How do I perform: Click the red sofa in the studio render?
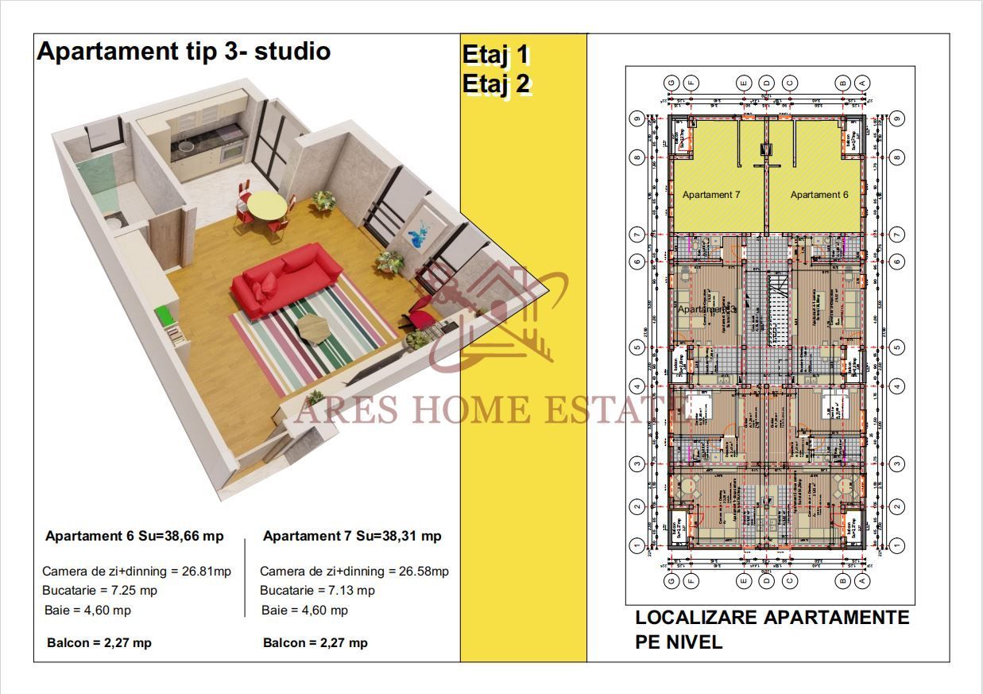(x=288, y=278)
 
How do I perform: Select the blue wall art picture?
(x=416, y=235)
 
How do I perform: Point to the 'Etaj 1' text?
(x=495, y=55)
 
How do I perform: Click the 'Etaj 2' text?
(x=496, y=83)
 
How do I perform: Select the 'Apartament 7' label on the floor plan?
(x=713, y=195)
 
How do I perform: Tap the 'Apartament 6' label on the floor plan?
(x=819, y=195)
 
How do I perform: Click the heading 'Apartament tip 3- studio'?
(x=184, y=52)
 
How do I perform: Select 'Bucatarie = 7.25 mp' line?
(x=99, y=591)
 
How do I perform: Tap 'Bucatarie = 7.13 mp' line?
(x=317, y=591)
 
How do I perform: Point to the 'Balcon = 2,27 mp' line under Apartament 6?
(x=99, y=642)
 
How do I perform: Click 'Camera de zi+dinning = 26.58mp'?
(x=354, y=571)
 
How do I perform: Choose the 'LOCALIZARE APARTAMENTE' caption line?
(x=772, y=618)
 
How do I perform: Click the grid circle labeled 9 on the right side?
(x=897, y=119)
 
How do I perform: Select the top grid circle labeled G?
(x=671, y=83)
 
